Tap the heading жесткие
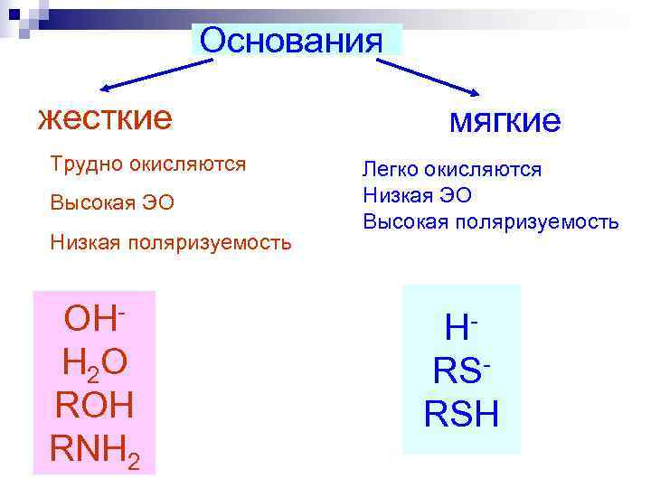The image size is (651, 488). tap(104, 118)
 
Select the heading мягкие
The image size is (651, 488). tap(505, 121)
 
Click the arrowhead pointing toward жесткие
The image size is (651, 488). tap(105, 88)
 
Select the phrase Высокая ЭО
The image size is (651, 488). tap(112, 202)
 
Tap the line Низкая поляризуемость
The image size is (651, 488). tap(171, 242)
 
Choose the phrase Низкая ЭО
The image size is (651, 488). tap(417, 194)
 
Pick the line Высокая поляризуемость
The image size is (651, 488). tap(491, 221)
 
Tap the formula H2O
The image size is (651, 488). tap(94, 363)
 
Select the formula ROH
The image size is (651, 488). tap(94, 405)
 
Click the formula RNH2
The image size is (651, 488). tap(94, 448)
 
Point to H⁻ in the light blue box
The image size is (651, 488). tap(461, 327)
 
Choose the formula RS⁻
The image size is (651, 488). tap(461, 371)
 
